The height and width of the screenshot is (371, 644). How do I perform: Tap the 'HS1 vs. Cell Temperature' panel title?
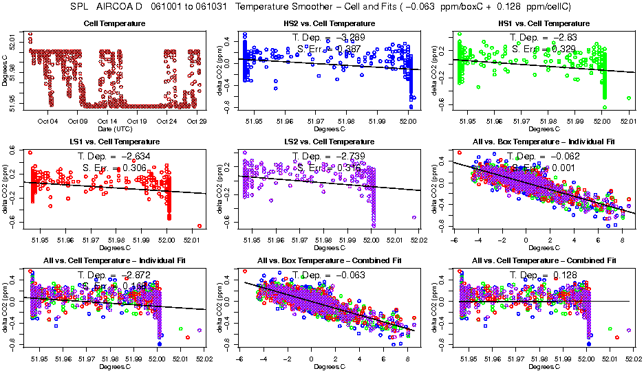[x=540, y=24]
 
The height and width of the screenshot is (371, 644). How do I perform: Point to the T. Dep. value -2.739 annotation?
[x=326, y=156]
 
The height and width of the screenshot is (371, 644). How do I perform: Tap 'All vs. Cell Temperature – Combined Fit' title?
[x=540, y=261]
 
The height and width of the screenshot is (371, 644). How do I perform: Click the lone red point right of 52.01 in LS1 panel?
[x=200, y=225]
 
